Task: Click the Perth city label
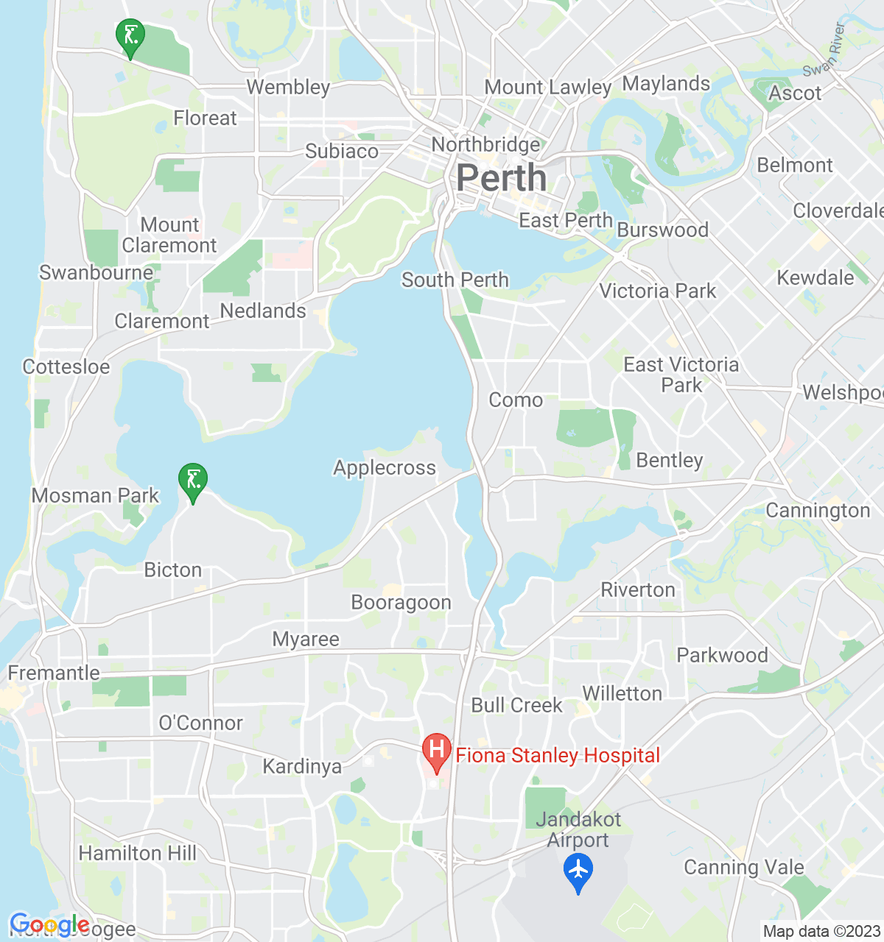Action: click(501, 179)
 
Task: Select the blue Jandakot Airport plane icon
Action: click(578, 871)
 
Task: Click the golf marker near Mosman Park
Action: click(193, 481)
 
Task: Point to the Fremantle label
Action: click(54, 673)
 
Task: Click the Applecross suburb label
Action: click(385, 468)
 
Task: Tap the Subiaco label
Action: click(342, 152)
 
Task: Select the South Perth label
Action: click(455, 280)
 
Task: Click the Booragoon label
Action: click(401, 603)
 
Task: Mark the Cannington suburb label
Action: click(818, 511)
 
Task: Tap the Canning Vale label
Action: click(744, 868)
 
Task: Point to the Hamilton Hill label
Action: click(138, 854)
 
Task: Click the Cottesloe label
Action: click(66, 366)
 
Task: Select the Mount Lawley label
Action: click(547, 88)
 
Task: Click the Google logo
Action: click(49, 925)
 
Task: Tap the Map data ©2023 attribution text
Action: click(821, 932)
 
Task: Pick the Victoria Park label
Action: click(657, 291)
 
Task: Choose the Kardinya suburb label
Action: click(302, 767)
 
